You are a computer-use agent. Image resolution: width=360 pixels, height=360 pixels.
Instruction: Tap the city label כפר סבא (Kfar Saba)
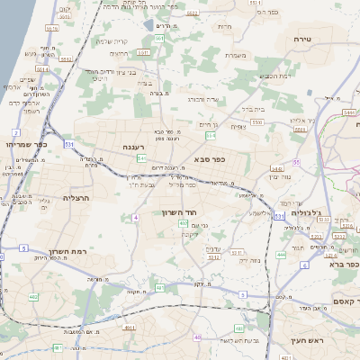pyautogui.click(x=209, y=159)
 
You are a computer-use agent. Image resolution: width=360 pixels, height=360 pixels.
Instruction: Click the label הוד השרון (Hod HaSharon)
pyautogui.click(x=179, y=212)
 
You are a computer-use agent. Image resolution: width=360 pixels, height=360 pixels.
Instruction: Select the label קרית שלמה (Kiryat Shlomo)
pyautogui.click(x=115, y=40)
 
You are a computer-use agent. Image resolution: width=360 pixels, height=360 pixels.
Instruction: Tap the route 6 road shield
pyautogui.click(x=305, y=265)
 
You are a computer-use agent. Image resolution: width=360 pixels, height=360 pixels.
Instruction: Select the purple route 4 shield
pyautogui.click(x=135, y=218)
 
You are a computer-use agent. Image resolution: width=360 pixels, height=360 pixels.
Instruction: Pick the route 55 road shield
pyautogui.click(x=296, y=162)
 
